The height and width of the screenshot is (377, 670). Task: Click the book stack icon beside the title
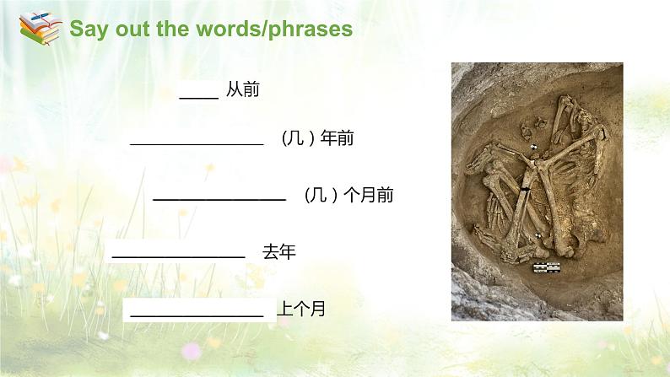(40, 29)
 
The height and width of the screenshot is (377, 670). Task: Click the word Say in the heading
(86, 30)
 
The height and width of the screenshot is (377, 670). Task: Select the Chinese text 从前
(242, 90)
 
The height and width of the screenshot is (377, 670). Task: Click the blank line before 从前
(199, 98)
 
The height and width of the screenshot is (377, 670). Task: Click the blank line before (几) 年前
(197, 145)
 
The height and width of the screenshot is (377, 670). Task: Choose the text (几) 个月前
(347, 196)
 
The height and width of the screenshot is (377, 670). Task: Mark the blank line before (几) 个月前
(219, 200)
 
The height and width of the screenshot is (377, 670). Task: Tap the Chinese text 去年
(278, 251)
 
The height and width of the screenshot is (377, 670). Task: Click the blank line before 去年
(178, 256)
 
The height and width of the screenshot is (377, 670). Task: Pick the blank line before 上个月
(197, 315)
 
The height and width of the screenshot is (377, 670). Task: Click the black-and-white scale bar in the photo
(546, 267)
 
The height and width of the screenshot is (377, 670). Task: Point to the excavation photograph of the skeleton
(537, 191)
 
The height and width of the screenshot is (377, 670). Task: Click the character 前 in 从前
(251, 90)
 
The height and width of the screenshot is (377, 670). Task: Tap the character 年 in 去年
(287, 251)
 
